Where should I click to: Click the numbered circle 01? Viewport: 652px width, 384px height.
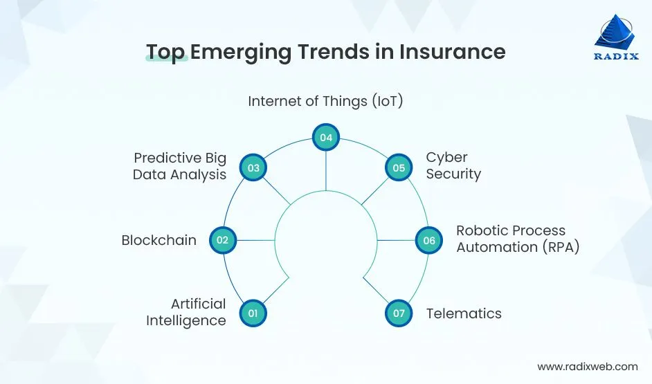coord(253,313)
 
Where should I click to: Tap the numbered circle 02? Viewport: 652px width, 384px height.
coord(222,240)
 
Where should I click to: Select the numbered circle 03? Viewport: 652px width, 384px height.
coord(253,167)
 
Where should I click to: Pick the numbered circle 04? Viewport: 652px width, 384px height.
coord(325,138)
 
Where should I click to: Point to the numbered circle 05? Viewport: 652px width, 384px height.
coord(398,167)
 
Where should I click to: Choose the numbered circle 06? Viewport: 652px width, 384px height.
coord(428,240)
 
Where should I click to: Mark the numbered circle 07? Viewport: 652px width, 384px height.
coord(398,313)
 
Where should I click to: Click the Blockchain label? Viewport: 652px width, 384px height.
coord(159,240)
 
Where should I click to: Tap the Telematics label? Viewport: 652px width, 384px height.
coord(463,313)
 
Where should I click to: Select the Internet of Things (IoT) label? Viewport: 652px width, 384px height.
coord(325,101)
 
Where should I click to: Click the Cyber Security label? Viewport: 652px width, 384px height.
coord(453,166)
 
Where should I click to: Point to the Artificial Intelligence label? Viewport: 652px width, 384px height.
coord(186,312)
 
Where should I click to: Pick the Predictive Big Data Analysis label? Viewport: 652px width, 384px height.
coord(180,166)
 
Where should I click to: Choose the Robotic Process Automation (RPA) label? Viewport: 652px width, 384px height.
coord(517,239)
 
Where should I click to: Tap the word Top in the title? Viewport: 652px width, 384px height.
coord(166,52)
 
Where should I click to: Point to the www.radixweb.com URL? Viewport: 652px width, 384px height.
coord(587,367)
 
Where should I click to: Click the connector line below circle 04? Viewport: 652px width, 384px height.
coord(325,170)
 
